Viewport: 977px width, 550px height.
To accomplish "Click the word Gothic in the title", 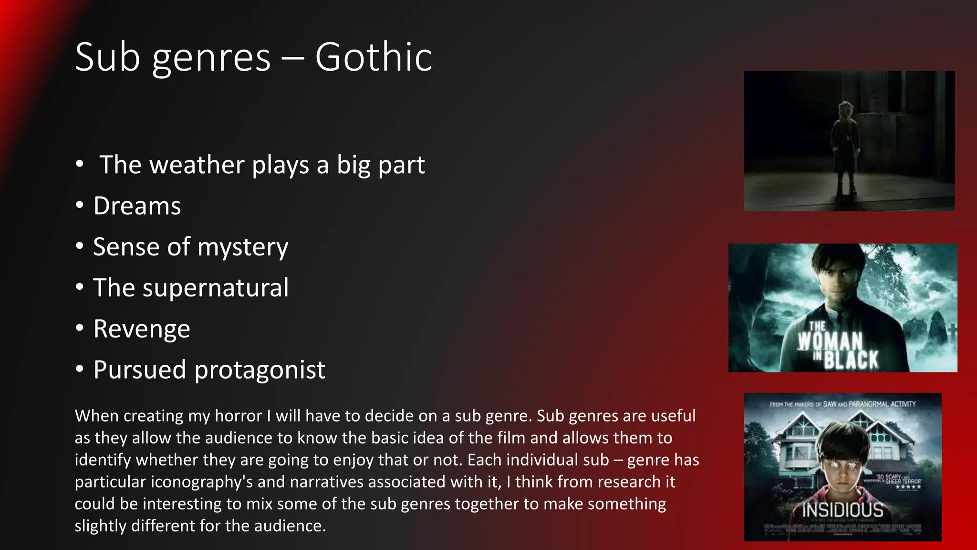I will [374, 57].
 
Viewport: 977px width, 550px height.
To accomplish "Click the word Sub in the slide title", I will [107, 57].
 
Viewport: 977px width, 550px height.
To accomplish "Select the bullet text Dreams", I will [137, 206].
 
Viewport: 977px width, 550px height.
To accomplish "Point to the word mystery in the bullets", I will [243, 248].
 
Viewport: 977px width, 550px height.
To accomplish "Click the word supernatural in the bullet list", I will [215, 288].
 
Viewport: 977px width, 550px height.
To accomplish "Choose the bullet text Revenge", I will [142, 329].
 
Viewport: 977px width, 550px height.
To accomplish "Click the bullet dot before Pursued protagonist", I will [80, 369].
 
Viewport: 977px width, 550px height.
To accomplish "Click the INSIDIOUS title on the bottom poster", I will [842, 510].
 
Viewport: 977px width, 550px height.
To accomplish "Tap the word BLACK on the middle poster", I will [851, 360].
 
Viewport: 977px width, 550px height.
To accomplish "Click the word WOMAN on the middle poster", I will [830, 341].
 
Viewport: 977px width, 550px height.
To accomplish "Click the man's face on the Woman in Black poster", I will [839, 279].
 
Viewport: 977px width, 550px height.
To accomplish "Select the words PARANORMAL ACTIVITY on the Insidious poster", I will [882, 404].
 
